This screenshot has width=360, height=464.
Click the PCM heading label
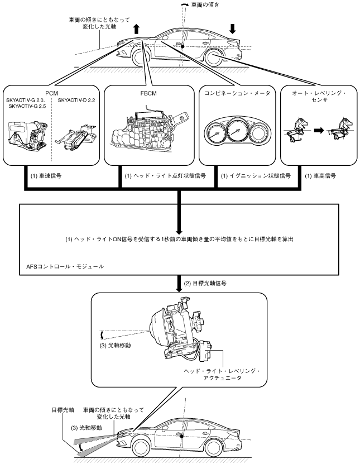click(x=52, y=93)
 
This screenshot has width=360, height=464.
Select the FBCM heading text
click(x=148, y=93)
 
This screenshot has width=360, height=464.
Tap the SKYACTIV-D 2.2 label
click(x=76, y=101)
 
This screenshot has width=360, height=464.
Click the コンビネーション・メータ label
click(x=237, y=93)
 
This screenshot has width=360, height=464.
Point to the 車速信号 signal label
click(x=46, y=176)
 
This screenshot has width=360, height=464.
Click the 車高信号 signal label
click(x=320, y=176)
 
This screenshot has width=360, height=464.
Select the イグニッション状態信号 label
click(x=256, y=176)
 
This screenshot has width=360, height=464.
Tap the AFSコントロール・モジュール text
click(x=65, y=266)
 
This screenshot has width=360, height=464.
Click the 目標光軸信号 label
click(x=205, y=283)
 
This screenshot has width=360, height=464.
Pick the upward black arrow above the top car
click(x=136, y=29)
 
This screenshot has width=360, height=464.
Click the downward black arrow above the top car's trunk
click(x=233, y=28)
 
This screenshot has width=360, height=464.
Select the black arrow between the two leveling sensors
click(x=319, y=130)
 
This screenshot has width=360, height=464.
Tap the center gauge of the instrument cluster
click(x=237, y=131)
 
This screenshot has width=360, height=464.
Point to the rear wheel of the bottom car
click(x=213, y=447)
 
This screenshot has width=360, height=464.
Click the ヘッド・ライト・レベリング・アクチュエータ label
click(x=222, y=375)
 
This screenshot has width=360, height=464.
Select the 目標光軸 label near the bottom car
click(x=63, y=410)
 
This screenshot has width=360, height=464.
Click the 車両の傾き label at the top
click(x=205, y=4)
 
